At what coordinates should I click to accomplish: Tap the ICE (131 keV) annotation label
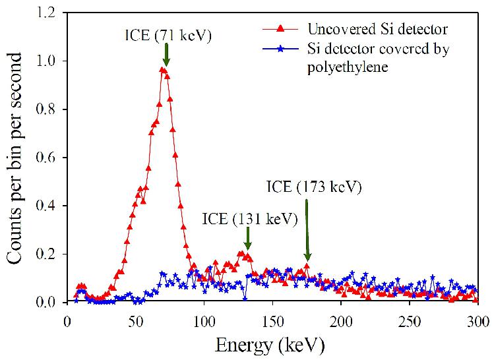coord(250,218)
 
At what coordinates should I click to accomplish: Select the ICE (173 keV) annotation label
coord(315,187)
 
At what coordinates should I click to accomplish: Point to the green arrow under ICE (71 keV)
coord(166,55)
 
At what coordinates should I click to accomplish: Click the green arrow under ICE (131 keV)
coord(247,235)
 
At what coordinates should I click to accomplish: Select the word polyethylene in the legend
coord(346,66)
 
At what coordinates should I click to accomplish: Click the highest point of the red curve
coord(162,69)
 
